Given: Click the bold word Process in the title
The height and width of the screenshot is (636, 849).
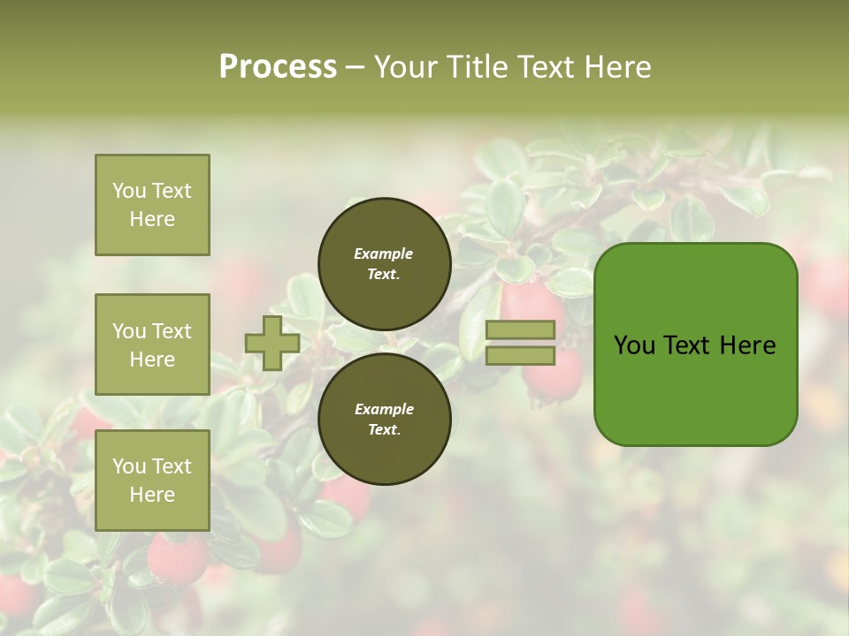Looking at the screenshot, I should point(278,67).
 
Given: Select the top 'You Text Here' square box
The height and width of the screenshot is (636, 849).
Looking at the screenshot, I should point(152,205).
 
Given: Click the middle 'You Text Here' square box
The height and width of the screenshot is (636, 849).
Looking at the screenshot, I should point(152,344).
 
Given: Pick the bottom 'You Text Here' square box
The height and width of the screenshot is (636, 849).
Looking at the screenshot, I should point(152,481).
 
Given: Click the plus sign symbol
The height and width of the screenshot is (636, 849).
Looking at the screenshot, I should point(272,344).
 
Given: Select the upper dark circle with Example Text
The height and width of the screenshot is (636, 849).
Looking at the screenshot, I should point(384,264).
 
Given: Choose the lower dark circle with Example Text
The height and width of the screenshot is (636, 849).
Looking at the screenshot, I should point(384,420).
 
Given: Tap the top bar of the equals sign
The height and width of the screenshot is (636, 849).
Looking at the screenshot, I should point(520,330).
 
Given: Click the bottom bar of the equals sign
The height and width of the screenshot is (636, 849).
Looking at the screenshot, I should point(520,356).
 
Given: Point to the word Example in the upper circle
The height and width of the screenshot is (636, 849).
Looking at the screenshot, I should point(384,254).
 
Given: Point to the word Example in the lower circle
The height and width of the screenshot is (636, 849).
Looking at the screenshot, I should point(384,410).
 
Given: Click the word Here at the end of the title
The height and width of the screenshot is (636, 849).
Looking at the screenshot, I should point(619,67).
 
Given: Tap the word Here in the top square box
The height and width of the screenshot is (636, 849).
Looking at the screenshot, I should point(152,219).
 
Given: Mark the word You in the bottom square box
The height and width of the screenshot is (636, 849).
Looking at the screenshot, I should point(129,466).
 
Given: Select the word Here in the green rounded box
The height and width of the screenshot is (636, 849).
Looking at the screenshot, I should point(747,345).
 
